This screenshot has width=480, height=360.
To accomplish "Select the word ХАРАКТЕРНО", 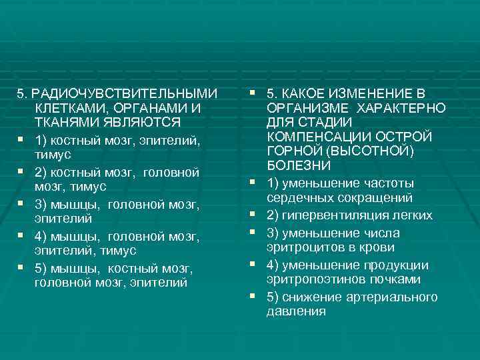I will pos(401,107).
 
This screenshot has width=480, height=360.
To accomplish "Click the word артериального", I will pos(397,297).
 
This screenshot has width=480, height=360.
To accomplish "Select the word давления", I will pos(295,311).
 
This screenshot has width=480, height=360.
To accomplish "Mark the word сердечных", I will pos(297,198).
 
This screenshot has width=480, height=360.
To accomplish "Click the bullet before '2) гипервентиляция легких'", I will pos(254,215).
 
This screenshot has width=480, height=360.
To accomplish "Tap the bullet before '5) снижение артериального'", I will pos(254,296).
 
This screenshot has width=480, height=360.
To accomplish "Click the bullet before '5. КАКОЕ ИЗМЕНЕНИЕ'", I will pos(254,92).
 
